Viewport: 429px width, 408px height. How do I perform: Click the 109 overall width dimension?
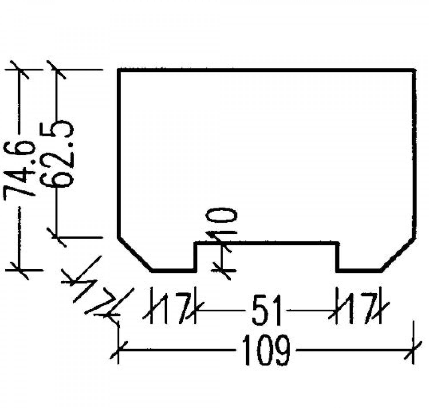266,350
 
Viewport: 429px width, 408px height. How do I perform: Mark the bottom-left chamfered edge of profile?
134,254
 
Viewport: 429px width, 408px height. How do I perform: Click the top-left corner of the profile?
119,69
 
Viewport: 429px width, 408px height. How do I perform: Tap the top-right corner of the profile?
414,69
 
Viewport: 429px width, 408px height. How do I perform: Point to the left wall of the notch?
196,256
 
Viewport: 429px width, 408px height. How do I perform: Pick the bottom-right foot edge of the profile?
359,270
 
